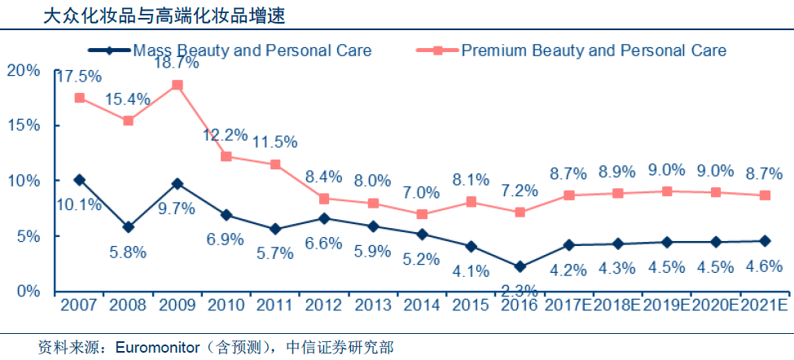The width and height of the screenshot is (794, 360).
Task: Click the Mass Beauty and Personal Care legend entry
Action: point(252,50)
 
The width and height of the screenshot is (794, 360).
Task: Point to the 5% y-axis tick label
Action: point(28,236)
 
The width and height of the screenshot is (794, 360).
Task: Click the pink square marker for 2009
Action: point(178,85)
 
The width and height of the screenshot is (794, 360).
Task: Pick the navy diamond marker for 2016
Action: point(520,266)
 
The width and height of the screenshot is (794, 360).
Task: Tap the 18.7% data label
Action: point(178,62)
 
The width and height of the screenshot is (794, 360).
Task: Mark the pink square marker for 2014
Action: point(422,214)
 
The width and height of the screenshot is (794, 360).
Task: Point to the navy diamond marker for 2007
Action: point(80,180)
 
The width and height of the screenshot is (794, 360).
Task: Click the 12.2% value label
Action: point(226,135)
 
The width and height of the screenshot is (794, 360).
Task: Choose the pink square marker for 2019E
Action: point(667,191)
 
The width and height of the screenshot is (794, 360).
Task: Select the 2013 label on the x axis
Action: point(373,305)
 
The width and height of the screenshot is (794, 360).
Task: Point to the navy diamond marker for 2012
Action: point(324,218)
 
